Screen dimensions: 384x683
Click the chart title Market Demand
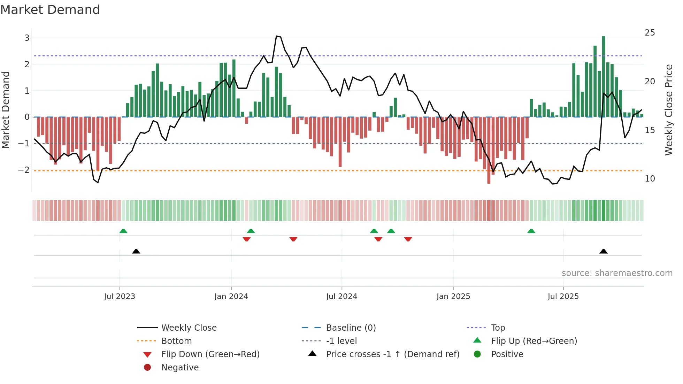click(50, 10)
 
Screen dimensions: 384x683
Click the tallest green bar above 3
click(604, 77)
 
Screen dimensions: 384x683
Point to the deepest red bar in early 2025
click(489, 150)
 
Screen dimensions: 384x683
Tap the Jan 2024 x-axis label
click(231, 297)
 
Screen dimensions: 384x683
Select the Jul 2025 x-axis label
click(563, 297)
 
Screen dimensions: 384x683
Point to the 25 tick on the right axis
click(650, 33)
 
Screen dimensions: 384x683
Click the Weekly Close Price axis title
click(668, 110)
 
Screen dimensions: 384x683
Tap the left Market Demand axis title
click(6, 110)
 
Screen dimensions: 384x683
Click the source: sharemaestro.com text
click(617, 273)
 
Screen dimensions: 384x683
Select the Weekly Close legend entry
click(189, 328)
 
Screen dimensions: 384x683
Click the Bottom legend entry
click(176, 341)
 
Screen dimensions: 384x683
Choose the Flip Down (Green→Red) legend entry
click(210, 354)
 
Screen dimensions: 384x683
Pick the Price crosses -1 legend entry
click(392, 354)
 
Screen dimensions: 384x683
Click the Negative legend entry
click(180, 368)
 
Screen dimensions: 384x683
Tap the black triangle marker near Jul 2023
click(136, 251)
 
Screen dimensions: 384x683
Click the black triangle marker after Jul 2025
click(604, 251)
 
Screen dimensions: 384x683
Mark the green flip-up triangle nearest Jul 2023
click(123, 231)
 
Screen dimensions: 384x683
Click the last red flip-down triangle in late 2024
click(408, 239)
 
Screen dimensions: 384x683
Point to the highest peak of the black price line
click(277, 36)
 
